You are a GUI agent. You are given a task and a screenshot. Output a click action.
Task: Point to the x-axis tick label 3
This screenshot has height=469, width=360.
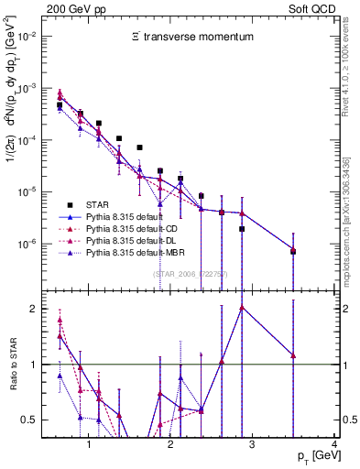[x=253, y=444]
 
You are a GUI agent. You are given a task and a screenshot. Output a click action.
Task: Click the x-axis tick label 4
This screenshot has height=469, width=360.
[x=334, y=444]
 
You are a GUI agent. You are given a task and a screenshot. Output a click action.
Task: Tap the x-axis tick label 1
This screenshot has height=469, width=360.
[x=89, y=444]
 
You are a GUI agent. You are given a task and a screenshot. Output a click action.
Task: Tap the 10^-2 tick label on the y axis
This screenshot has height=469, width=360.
[x=26, y=37]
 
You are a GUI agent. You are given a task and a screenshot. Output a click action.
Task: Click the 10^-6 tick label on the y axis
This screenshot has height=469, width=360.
[x=26, y=245]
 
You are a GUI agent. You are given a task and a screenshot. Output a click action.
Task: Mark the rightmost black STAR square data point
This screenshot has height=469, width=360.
[x=293, y=250]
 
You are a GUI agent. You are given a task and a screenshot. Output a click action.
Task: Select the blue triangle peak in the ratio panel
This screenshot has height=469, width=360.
[x=241, y=308]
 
